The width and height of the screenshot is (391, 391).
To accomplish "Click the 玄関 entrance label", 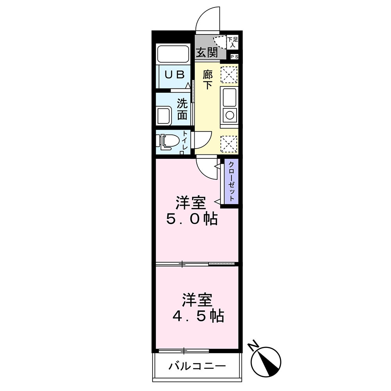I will (x=206, y=52).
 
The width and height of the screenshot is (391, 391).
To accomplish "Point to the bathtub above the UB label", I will (x=174, y=55).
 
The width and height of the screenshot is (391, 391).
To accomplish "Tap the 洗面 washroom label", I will (x=182, y=109).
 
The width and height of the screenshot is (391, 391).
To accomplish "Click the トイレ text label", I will (x=185, y=141).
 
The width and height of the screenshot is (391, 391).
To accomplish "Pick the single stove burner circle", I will (x=229, y=115).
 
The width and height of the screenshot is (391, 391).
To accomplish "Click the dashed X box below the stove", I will (x=229, y=143).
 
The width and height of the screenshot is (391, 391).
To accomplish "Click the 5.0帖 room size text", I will (x=192, y=219).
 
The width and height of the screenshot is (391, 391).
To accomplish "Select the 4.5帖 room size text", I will (x=198, y=315).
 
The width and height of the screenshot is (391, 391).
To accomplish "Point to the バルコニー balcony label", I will (x=197, y=366).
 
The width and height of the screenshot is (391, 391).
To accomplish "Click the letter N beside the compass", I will (x=254, y=346).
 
